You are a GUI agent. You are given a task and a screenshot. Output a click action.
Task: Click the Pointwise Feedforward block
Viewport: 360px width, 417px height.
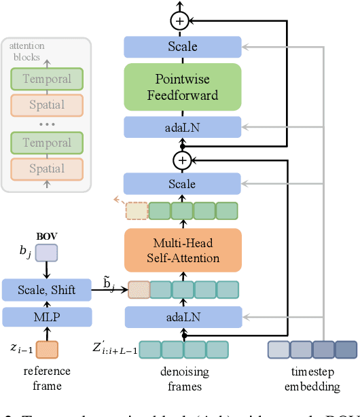182,87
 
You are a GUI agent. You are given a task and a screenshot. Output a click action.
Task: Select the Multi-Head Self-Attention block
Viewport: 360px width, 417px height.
182,250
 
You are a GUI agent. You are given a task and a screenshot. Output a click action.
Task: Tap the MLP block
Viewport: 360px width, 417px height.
46,316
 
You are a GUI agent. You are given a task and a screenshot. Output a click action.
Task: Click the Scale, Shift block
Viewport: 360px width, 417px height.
46,291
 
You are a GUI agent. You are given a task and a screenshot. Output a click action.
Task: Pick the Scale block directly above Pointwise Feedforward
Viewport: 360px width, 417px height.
182,47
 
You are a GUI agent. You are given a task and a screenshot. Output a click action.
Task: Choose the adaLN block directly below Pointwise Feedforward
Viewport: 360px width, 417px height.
182,127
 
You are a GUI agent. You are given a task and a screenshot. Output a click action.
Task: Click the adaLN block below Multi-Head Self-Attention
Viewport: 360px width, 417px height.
182,316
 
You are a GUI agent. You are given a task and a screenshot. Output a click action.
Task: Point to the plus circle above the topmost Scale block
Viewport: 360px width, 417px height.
180,21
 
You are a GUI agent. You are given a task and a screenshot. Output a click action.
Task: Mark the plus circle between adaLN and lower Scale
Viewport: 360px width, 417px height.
181,160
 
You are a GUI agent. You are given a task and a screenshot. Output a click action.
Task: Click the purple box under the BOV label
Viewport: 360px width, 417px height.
46,253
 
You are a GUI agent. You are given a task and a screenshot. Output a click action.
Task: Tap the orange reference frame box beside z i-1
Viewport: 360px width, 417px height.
46,350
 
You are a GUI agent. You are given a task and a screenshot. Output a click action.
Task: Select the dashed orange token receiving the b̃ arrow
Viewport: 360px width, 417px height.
138,290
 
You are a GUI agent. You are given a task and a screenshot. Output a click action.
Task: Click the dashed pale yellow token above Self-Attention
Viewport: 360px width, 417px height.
137,211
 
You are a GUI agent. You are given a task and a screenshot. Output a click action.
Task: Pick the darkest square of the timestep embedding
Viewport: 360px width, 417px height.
346,350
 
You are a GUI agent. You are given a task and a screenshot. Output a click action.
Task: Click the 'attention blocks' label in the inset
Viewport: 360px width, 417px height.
24,51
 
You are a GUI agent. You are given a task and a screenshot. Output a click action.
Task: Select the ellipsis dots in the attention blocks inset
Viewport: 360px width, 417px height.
46,124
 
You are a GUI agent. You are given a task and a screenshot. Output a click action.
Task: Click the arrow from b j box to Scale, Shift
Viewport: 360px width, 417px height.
46,270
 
